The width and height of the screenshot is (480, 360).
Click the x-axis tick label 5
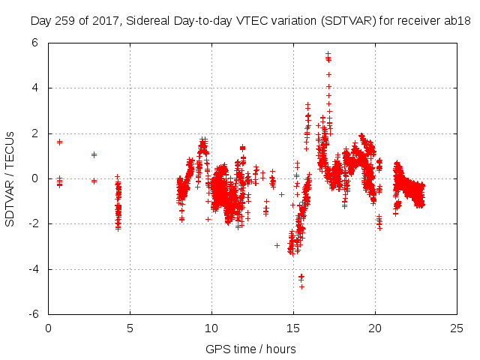130,328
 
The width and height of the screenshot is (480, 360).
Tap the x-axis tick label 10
211,328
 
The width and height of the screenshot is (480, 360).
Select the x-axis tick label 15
293,328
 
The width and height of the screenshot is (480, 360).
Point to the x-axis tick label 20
375,328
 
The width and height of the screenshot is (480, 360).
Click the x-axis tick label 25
457,328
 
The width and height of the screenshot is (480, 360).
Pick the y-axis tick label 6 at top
35,43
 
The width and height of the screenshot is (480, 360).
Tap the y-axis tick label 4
35,88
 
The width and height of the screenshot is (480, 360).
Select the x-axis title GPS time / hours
250,349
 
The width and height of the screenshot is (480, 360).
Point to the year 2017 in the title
103,21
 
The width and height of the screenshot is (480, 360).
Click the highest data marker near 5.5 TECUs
328,54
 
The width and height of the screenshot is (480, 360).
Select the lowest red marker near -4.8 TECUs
301,286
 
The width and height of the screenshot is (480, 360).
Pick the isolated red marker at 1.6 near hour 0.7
59,142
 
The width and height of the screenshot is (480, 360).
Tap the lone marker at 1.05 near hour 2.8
94,154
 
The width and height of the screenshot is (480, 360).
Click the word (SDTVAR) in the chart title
346,21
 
